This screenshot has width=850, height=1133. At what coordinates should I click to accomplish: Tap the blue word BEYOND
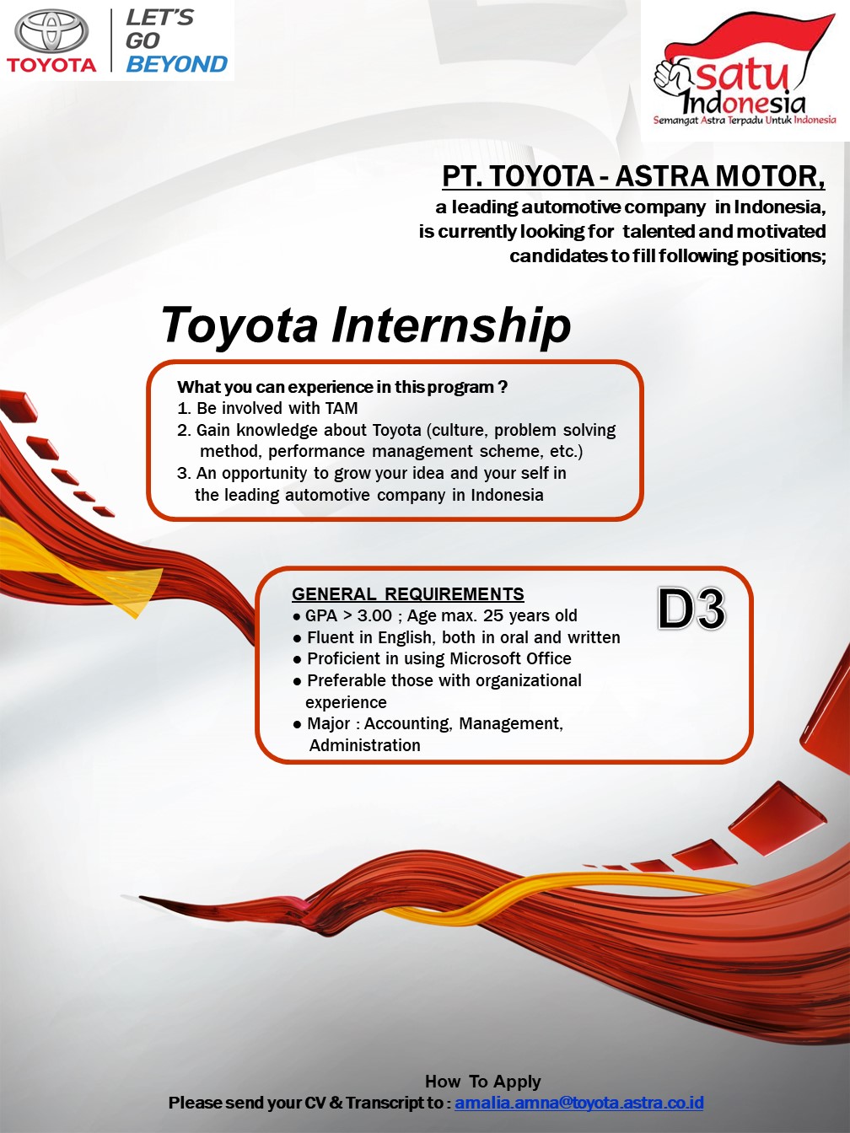[176, 64]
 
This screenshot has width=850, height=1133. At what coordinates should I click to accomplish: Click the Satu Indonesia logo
[745, 70]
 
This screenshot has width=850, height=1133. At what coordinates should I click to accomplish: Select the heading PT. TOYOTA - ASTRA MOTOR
[633, 176]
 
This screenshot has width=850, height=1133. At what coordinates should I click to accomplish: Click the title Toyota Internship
[366, 325]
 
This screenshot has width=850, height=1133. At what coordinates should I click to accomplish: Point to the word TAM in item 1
[342, 408]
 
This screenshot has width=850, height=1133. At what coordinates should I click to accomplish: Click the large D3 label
[691, 609]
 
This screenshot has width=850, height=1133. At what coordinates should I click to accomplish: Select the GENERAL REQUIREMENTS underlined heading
[407, 594]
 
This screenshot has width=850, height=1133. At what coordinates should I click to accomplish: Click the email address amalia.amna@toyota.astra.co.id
[579, 1103]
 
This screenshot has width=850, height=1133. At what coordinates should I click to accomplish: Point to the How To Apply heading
[482, 1081]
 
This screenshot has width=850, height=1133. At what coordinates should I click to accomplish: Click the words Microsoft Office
[510, 658]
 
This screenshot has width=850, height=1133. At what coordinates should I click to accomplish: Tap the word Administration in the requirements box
[364, 745]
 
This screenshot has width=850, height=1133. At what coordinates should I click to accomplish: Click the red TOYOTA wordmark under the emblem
[51, 65]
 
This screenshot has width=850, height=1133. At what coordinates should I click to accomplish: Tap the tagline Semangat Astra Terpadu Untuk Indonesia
[745, 121]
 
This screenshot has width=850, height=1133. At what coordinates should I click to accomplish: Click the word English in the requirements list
[410, 638]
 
